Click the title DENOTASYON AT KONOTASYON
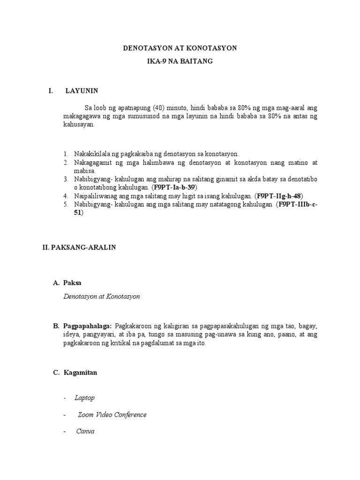pos(180,48)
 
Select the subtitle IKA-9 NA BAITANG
pos(180,61)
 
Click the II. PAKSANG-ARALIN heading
pos(79,247)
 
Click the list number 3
pos(66,179)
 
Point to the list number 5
pos(66,204)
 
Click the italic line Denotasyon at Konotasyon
pos(101,296)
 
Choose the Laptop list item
pos(84,397)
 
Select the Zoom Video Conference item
pos(112,414)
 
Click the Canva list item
pos(85,431)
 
